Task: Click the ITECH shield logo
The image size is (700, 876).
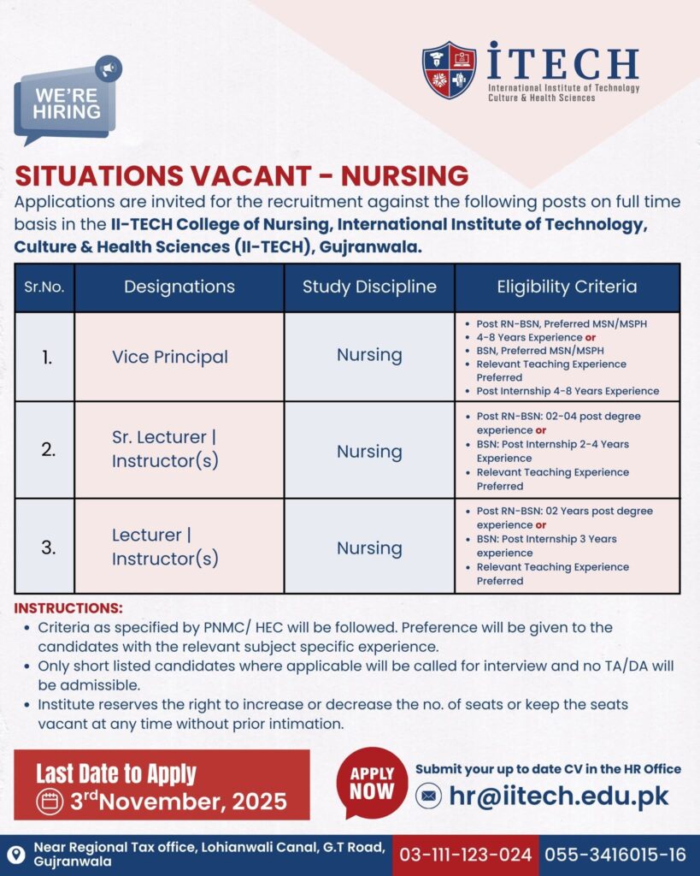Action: [x=449, y=70]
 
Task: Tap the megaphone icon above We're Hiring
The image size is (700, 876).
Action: [x=108, y=68]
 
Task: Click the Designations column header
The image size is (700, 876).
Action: [x=179, y=287]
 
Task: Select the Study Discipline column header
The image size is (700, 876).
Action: [x=369, y=287]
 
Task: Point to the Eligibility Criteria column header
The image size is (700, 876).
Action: [x=567, y=287]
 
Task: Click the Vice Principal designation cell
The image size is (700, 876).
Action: [x=170, y=357]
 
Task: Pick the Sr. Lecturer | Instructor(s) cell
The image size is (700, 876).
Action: [x=164, y=449]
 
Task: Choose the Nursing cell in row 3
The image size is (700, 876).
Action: [x=369, y=547]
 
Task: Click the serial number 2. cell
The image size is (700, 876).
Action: [x=49, y=449]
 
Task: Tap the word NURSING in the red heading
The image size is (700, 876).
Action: [x=404, y=175]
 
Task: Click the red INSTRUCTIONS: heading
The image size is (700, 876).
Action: [x=69, y=609]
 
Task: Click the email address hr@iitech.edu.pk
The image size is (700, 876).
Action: [x=559, y=796]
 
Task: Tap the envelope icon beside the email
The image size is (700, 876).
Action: [x=428, y=796]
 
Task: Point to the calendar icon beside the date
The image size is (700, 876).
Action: [x=51, y=802]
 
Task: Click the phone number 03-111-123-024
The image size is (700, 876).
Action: [x=466, y=855]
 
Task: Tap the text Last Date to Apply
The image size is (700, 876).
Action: [x=115, y=773]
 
